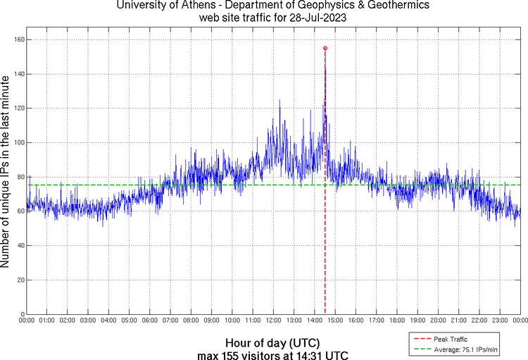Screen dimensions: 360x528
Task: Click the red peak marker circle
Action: click(325, 48)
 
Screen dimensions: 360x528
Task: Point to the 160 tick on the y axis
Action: click(19, 39)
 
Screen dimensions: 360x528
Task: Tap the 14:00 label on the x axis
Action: click(314, 321)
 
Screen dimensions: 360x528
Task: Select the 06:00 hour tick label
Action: click(149, 321)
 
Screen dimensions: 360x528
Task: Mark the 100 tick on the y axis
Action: click(19, 142)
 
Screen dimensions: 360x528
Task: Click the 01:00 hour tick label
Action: click(46, 321)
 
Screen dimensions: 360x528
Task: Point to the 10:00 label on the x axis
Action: click(232, 321)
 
